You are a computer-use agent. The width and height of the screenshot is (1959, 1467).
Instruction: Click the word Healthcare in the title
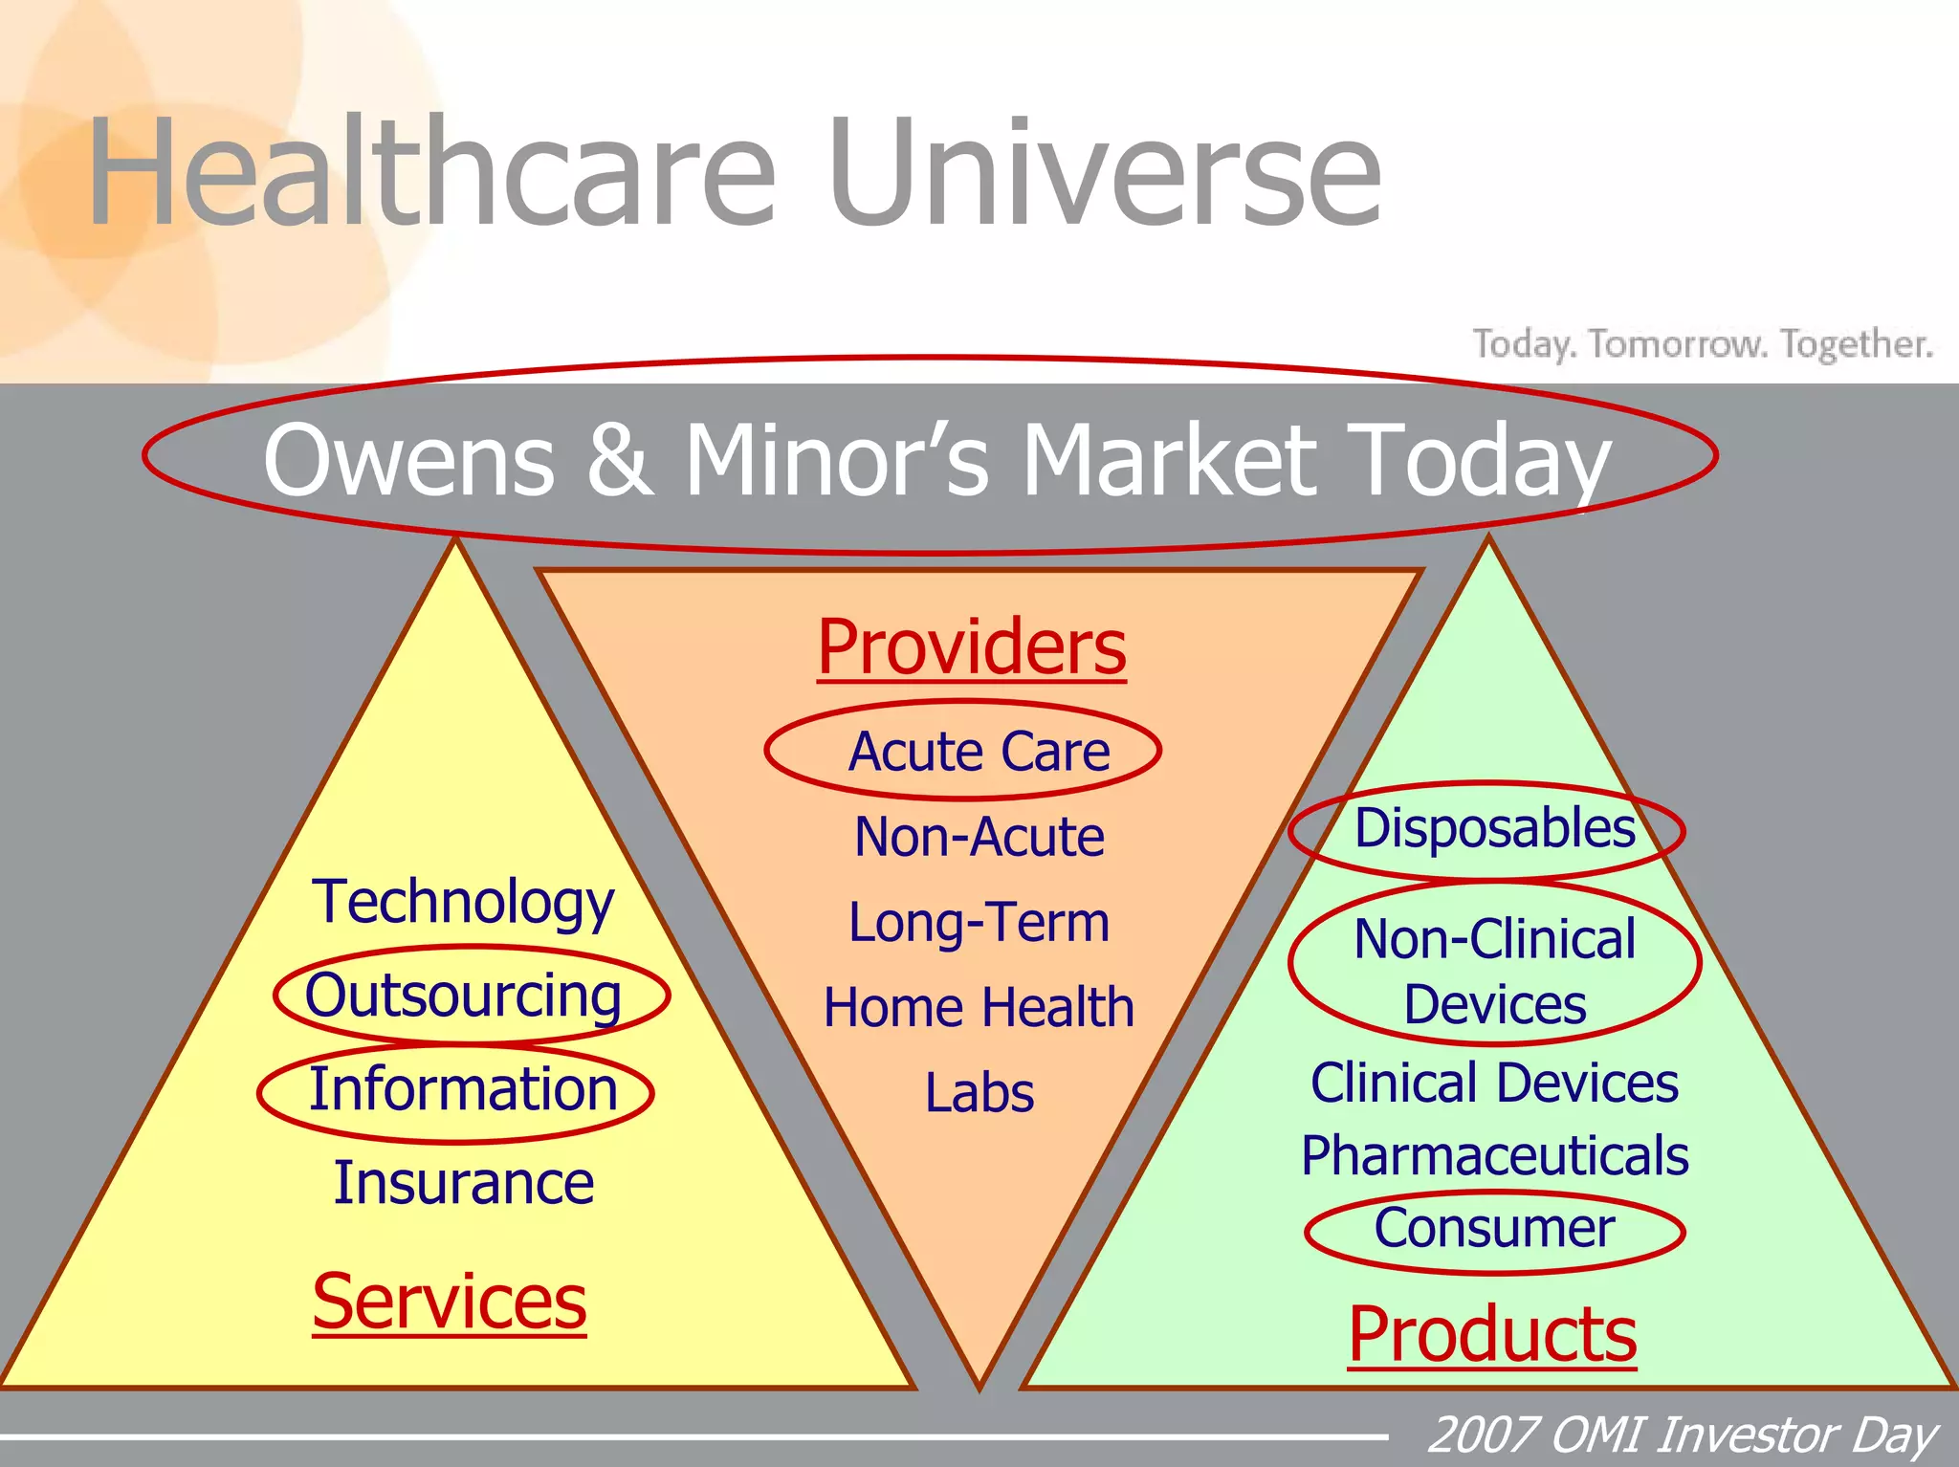[430, 172]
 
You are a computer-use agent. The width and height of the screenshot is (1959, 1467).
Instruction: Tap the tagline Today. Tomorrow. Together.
[1703, 343]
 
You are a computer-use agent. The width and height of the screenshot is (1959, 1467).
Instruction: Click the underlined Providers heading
[971, 647]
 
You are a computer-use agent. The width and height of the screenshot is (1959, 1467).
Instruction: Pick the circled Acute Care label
[978, 752]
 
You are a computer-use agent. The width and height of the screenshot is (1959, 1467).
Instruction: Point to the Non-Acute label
[979, 837]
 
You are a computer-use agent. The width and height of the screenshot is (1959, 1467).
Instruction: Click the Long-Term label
[979, 922]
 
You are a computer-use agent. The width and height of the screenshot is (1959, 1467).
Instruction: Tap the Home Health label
[979, 1007]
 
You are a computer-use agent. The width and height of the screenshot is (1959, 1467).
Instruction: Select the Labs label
[979, 1092]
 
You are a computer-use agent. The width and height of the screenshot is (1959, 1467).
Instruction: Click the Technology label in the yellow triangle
[463, 901]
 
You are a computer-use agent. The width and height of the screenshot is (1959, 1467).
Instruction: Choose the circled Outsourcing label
[463, 996]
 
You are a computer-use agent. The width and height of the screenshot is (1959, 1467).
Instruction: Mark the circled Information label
[463, 1089]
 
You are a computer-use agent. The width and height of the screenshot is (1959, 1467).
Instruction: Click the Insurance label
[463, 1183]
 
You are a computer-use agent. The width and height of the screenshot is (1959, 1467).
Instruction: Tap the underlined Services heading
[449, 1302]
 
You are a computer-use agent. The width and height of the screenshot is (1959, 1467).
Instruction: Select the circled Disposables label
[1494, 828]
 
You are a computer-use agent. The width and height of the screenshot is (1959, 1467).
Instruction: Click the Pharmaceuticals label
[1494, 1155]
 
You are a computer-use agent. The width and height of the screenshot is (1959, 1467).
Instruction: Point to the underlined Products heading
[1491, 1334]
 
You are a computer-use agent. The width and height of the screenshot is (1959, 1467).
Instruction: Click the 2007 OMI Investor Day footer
[1682, 1435]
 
